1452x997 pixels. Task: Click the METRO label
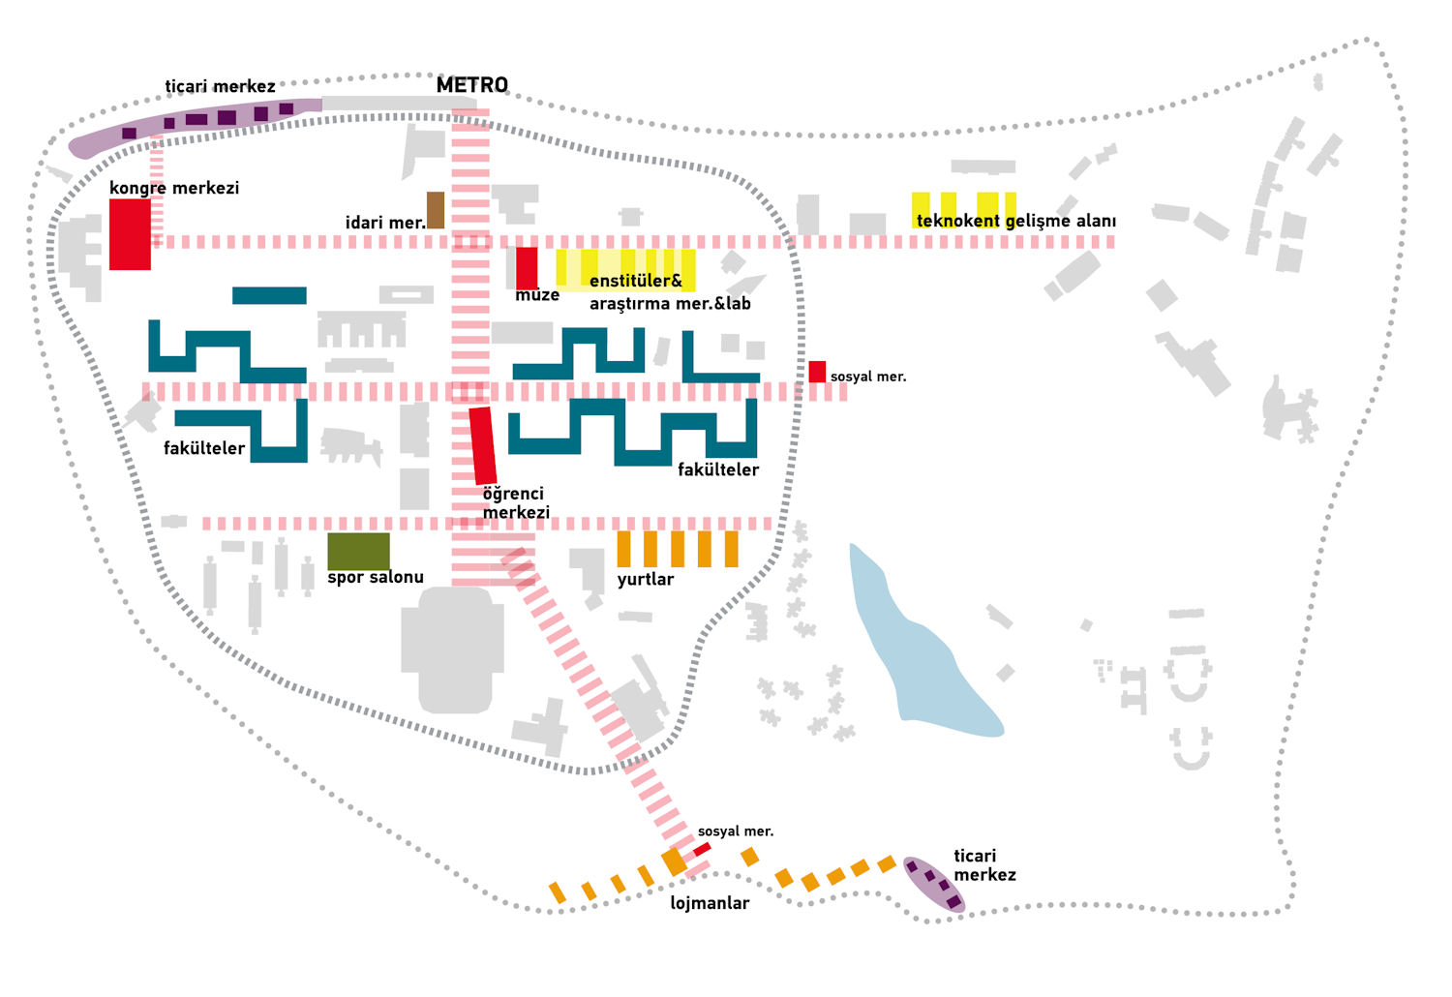click(x=471, y=85)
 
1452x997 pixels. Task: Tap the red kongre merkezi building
click(x=130, y=234)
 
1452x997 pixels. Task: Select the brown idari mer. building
click(x=436, y=210)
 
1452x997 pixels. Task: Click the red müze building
click(x=527, y=267)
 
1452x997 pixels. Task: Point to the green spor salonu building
click(x=358, y=551)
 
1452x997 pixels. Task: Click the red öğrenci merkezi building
click(x=483, y=445)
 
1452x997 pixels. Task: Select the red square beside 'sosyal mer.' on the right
click(x=817, y=372)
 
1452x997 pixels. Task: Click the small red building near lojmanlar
click(x=702, y=849)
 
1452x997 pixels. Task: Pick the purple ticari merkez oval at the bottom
click(x=933, y=884)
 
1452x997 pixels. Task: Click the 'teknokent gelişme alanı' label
click(x=1015, y=221)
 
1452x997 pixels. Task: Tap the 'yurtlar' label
click(x=645, y=579)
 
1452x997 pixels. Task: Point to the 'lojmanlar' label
click(x=710, y=903)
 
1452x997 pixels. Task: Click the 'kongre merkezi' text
click(x=174, y=188)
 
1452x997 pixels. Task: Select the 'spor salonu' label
click(x=376, y=577)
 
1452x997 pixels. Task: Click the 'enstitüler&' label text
click(x=636, y=281)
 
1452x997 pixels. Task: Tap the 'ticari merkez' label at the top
click(x=220, y=87)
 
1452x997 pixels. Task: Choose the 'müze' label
click(x=537, y=295)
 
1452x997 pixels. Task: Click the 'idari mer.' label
click(x=385, y=223)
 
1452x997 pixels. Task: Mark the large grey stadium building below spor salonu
click(x=453, y=649)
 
